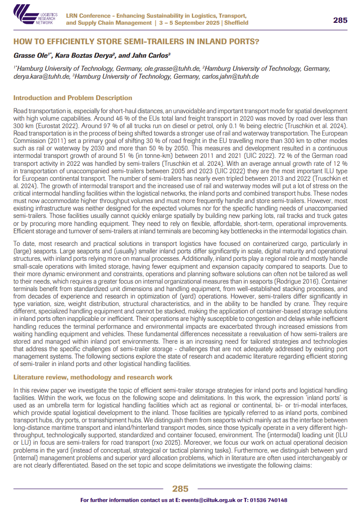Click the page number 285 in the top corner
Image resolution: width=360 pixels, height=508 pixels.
pyautogui.click(x=340, y=20)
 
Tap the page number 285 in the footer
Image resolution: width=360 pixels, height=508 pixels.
pyautogui.click(x=180, y=488)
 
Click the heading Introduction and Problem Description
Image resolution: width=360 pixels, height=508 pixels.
pyautogui.click(x=73, y=98)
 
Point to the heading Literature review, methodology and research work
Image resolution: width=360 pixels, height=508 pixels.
pyautogui.click(x=93, y=377)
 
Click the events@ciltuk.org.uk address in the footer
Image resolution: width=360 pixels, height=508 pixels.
pyautogui.click(x=196, y=500)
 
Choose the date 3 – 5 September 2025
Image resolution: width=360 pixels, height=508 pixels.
pyautogui.click(x=185, y=23)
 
